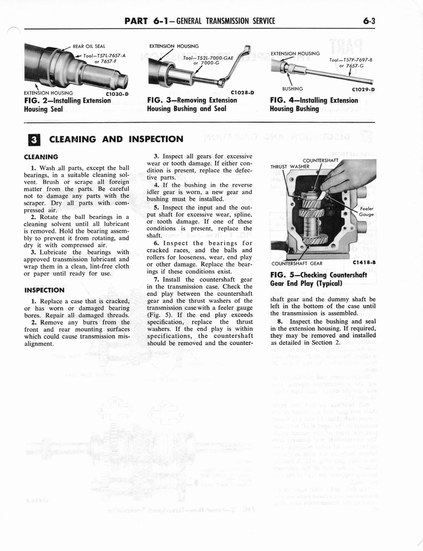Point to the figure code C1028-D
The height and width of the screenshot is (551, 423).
[x=241, y=92]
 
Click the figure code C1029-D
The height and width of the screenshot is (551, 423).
[x=363, y=89]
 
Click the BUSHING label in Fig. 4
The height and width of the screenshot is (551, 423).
[x=292, y=88]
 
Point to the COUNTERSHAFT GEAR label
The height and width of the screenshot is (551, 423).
[x=297, y=264]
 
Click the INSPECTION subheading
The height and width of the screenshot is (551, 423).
[x=45, y=290]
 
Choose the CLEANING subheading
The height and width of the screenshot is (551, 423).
[x=41, y=158]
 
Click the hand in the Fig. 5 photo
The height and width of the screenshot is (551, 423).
[x=350, y=175]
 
